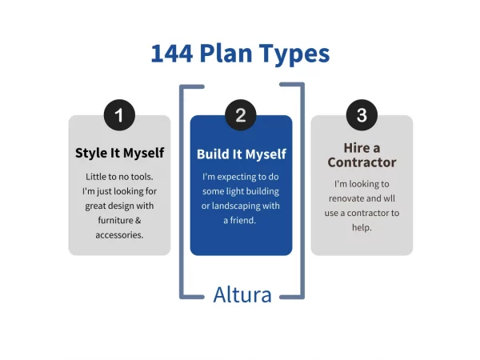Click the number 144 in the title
[x=174, y=54]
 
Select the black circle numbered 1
[x=119, y=115]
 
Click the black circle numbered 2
[x=241, y=115]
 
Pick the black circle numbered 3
[x=362, y=115]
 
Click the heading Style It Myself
[x=119, y=153]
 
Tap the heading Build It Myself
[x=241, y=154]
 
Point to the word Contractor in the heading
[x=362, y=162]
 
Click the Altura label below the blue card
[x=242, y=294]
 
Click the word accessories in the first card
[x=119, y=234]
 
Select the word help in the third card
[x=362, y=227]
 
